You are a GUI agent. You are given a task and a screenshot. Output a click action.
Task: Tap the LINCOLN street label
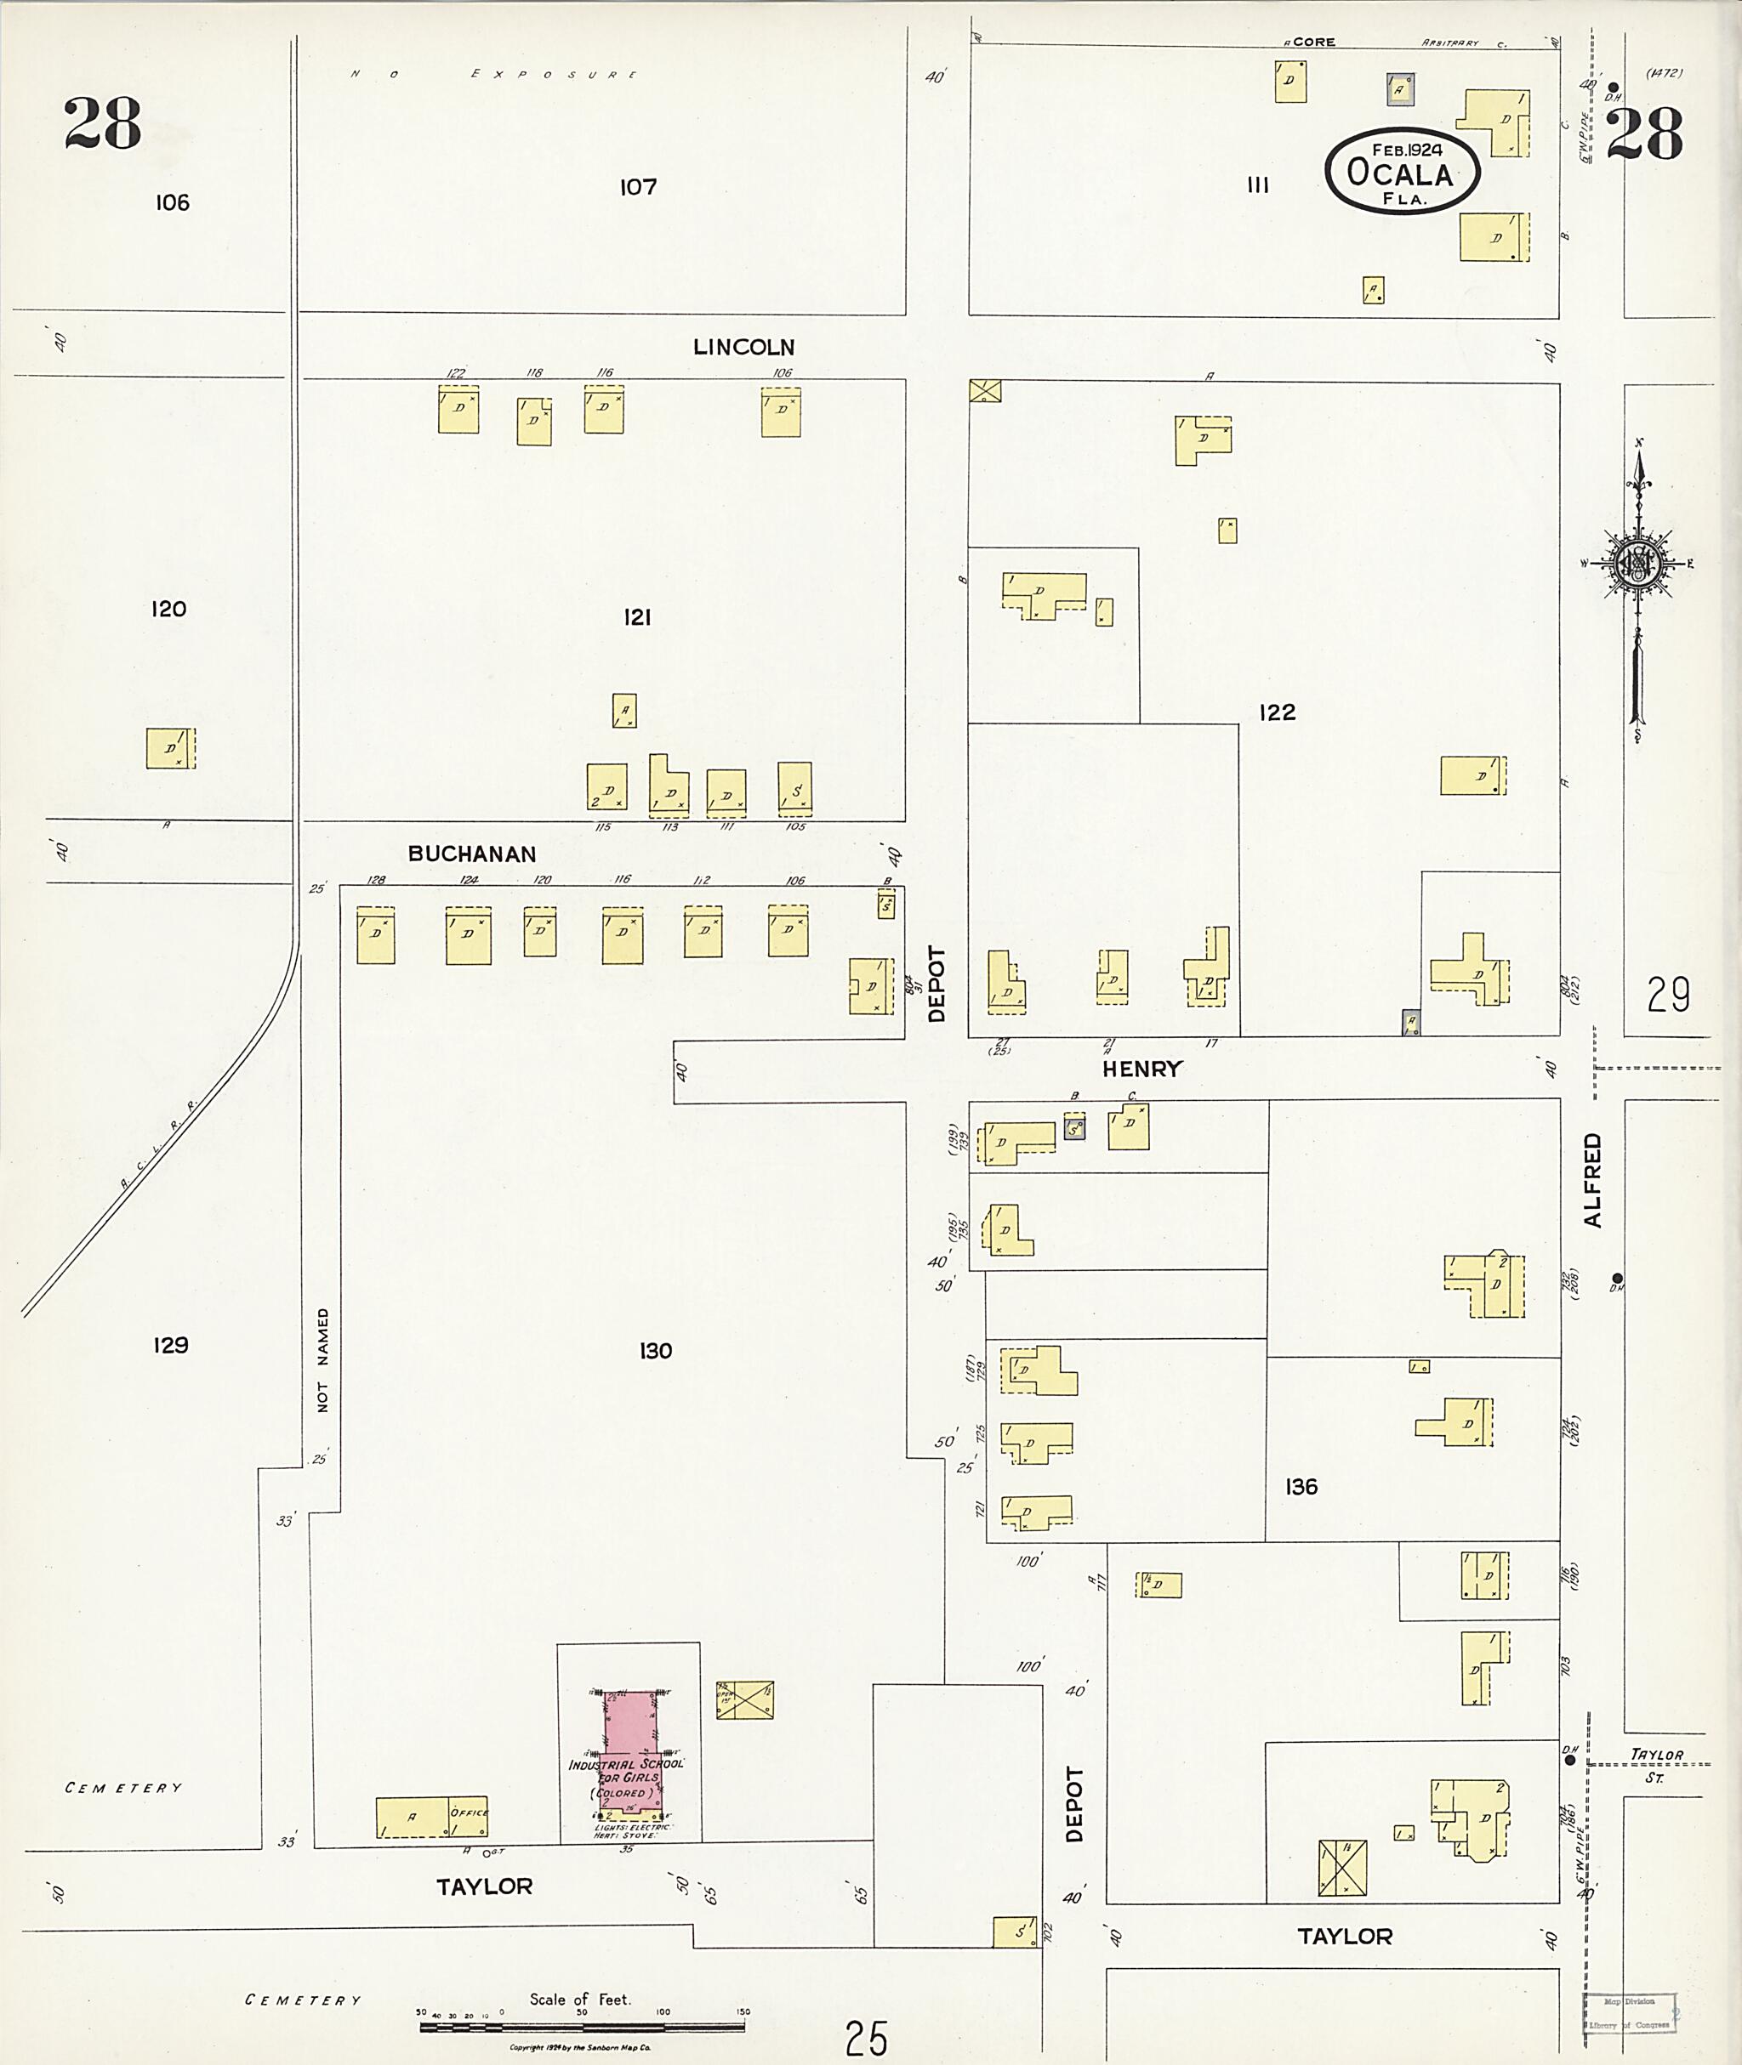[743, 348]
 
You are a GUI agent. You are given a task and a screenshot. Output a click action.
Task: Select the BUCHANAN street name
[472, 854]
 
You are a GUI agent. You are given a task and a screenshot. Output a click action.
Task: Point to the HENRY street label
[1141, 1069]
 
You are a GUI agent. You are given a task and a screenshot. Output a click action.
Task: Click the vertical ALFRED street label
[1592, 1180]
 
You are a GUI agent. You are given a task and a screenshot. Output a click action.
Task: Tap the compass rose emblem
[1638, 564]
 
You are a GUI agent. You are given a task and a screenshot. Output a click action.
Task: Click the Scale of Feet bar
[582, 2024]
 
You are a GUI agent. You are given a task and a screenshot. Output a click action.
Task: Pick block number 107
[638, 186]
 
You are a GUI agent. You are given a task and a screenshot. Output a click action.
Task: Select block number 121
[637, 618]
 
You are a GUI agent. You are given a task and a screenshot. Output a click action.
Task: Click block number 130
[655, 1350]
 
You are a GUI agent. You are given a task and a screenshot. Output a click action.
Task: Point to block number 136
[1301, 1487]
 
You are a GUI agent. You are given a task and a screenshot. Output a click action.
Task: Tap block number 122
[1277, 712]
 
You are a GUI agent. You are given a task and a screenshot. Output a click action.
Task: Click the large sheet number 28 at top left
[103, 125]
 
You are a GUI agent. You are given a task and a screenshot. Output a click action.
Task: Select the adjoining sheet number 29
[1668, 994]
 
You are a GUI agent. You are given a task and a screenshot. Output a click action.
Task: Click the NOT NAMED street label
[323, 1360]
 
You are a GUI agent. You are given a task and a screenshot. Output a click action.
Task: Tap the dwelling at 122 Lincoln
[458, 410]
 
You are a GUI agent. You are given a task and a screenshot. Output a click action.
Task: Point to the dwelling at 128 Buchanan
[375, 935]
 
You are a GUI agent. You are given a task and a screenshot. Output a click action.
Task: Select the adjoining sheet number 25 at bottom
[866, 2037]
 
